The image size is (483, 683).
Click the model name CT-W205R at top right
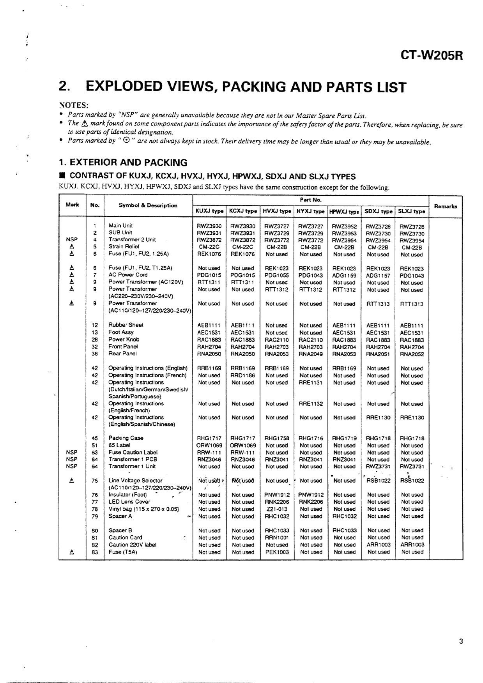tap(432, 56)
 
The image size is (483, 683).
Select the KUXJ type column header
tap(209, 211)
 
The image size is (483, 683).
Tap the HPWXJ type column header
tap(344, 211)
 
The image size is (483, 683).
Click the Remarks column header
tap(446, 206)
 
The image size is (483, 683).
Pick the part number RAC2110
tap(276, 340)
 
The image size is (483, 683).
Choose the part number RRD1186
tap(242, 375)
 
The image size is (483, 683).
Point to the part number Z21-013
tap(277, 509)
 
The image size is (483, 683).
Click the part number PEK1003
tap(277, 552)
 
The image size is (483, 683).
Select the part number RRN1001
tap(277, 538)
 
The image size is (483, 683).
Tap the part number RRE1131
tap(311, 383)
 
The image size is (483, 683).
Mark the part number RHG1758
tap(277, 438)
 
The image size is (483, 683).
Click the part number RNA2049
tap(311, 354)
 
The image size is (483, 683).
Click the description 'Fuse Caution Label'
tap(133, 452)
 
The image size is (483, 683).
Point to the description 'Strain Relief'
tap(124, 246)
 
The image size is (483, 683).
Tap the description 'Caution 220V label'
tap(133, 545)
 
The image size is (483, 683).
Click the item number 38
tap(95, 354)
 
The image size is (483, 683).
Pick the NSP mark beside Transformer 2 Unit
tap(72, 239)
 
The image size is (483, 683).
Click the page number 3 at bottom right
tap(461, 641)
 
